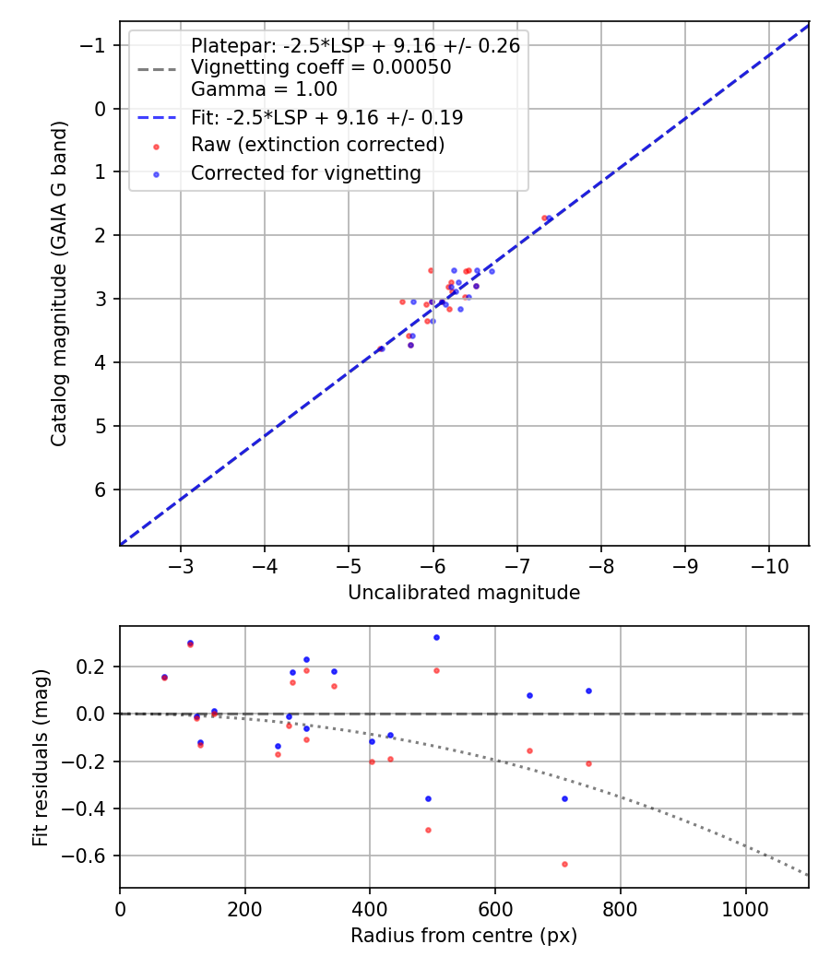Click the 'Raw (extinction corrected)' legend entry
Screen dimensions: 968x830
pos(317,145)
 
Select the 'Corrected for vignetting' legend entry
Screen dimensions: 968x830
pos(305,172)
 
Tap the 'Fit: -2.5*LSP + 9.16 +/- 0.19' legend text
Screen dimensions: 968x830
pos(326,118)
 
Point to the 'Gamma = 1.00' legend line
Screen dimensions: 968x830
pos(264,89)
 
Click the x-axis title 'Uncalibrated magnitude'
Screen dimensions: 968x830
pos(464,593)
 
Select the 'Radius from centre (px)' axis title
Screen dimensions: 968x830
pos(464,936)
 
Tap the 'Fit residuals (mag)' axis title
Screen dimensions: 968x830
pos(41,758)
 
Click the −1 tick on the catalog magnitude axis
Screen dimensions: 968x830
pos(97,45)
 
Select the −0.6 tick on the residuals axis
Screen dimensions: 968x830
pos(90,856)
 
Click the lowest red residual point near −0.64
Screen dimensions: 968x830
pos(564,864)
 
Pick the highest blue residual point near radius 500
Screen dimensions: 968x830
pos(436,637)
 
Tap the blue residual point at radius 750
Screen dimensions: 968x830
pos(588,691)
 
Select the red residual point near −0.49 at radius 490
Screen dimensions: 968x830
pos(428,830)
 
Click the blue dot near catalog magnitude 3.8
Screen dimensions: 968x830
pos(381,348)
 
